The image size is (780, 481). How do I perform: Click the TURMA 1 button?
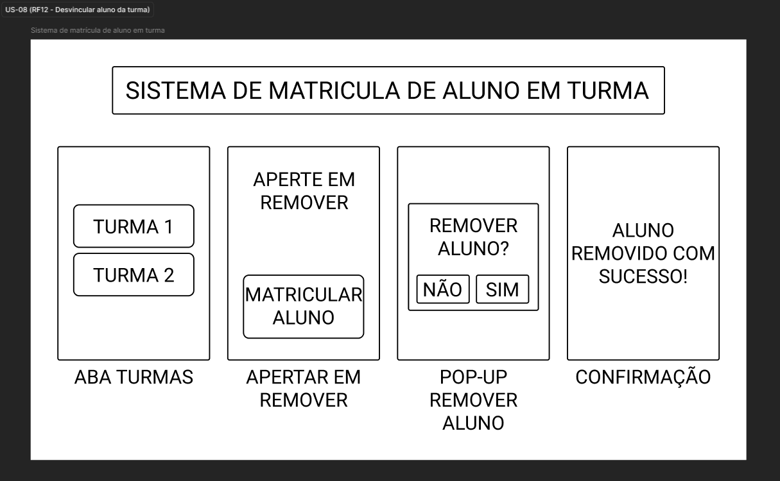(134, 226)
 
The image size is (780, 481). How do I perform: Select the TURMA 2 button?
(134, 274)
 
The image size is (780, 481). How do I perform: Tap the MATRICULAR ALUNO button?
(304, 307)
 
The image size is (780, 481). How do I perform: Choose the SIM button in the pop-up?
(503, 289)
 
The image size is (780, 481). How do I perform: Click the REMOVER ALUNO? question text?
(474, 237)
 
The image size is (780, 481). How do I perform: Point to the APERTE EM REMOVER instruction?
(304, 191)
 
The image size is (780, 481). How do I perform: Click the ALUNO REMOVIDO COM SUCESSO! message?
(643, 253)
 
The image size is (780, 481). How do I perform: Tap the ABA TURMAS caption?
(134, 377)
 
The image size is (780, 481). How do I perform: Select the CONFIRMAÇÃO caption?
(643, 377)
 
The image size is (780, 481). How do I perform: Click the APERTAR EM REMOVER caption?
(304, 389)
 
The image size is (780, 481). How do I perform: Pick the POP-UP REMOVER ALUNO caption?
(474, 400)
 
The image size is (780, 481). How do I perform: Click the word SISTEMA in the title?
(176, 91)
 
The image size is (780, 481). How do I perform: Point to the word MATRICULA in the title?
(334, 91)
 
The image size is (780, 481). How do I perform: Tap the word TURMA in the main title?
(608, 91)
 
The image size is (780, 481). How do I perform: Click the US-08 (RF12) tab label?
(77, 10)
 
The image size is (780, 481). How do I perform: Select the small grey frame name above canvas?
(98, 30)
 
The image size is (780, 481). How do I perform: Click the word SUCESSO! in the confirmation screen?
(643, 276)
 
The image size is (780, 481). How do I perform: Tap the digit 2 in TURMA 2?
(169, 275)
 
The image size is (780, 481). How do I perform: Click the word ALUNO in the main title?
(481, 91)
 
